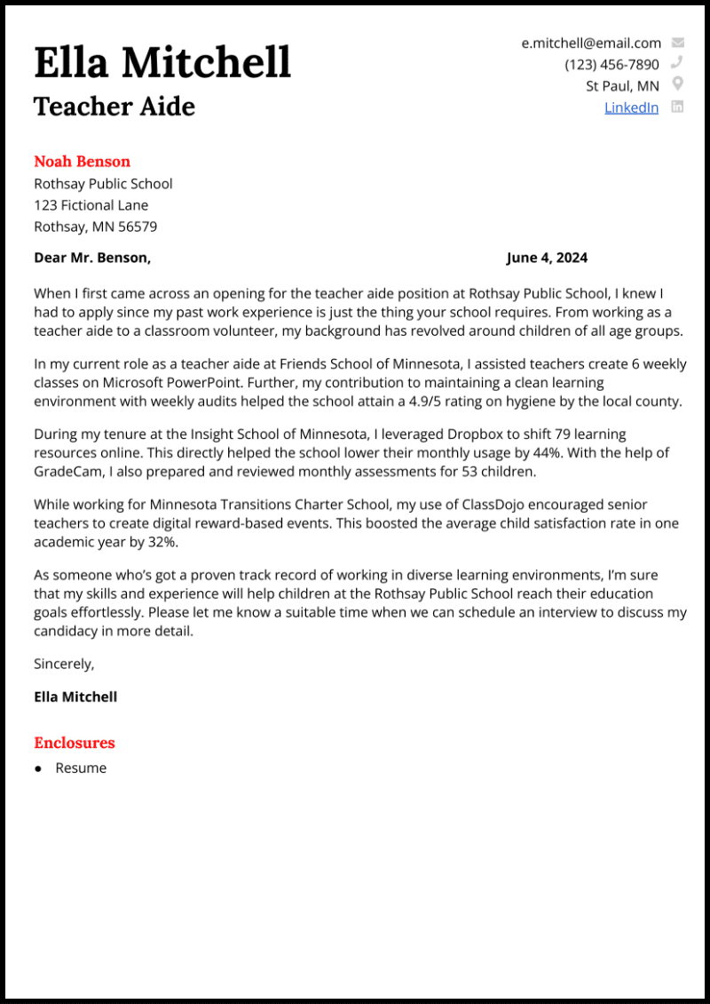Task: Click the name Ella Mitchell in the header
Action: (162, 62)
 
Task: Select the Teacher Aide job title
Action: (114, 107)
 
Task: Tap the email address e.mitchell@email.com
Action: (591, 43)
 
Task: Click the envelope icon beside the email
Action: (678, 43)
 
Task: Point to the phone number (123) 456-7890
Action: (611, 64)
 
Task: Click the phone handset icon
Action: (677, 63)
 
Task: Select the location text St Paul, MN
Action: (622, 86)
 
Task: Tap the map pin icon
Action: (677, 84)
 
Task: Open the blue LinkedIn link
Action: (631, 108)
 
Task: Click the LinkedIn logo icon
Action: (677, 107)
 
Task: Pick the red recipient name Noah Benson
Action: (82, 162)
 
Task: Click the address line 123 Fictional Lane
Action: (91, 205)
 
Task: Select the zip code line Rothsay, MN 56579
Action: (96, 227)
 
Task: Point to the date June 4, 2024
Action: (547, 259)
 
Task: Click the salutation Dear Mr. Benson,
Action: (92, 259)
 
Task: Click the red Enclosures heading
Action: (75, 743)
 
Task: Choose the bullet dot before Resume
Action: (38, 769)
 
